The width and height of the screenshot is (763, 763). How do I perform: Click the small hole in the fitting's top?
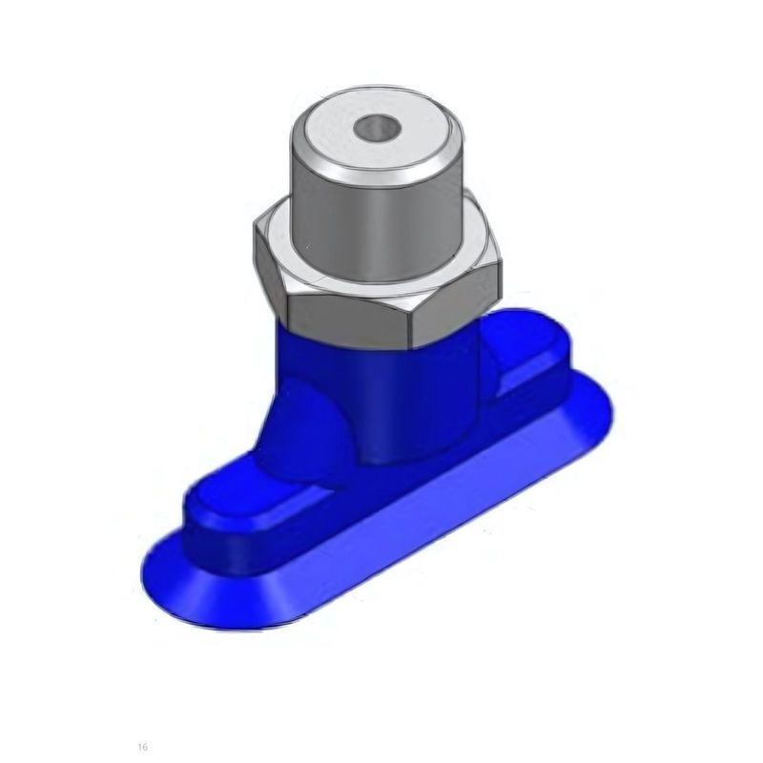pyautogui.click(x=378, y=127)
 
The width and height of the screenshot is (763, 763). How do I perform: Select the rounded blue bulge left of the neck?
pyautogui.click(x=301, y=428)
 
